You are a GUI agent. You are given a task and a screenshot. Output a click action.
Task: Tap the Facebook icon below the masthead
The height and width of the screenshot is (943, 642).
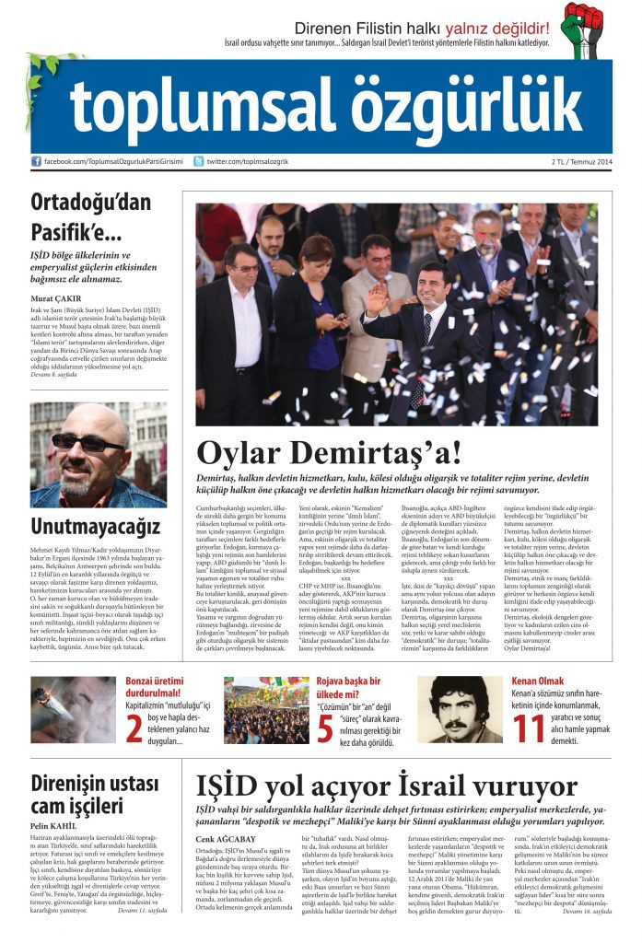point(37,161)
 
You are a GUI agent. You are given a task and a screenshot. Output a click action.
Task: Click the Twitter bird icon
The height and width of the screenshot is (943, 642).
point(198,161)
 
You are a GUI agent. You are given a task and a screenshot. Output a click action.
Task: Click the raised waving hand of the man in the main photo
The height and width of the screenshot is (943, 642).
point(376,297)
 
